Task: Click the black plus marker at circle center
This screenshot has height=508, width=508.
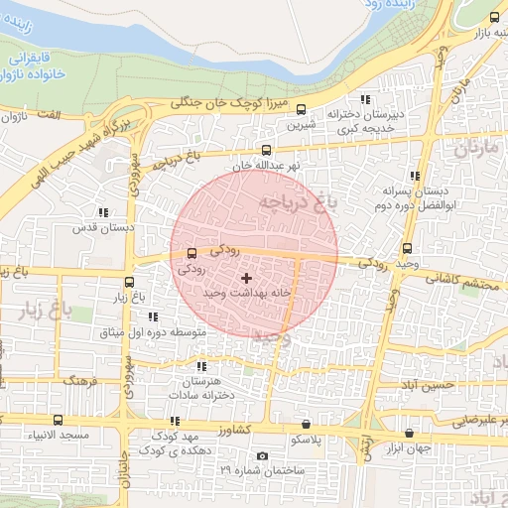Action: [x=247, y=279]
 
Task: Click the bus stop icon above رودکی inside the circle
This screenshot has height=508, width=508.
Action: [x=191, y=253]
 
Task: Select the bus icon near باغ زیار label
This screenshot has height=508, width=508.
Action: [x=129, y=282]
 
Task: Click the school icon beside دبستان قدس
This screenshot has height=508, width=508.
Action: [x=103, y=212]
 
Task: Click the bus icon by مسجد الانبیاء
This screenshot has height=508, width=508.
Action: [x=58, y=421]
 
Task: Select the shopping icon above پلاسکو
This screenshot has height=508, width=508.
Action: [x=305, y=424]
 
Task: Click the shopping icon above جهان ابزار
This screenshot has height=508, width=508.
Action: [x=410, y=434]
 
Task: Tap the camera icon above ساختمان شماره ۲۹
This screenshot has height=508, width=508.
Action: [x=262, y=455]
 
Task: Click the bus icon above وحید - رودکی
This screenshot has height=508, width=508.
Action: [x=407, y=248]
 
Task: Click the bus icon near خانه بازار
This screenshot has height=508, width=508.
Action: [x=495, y=17]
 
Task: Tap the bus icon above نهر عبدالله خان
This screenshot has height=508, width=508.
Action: [x=264, y=151]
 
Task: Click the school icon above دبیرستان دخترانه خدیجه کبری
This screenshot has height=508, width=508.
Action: [x=365, y=99]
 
